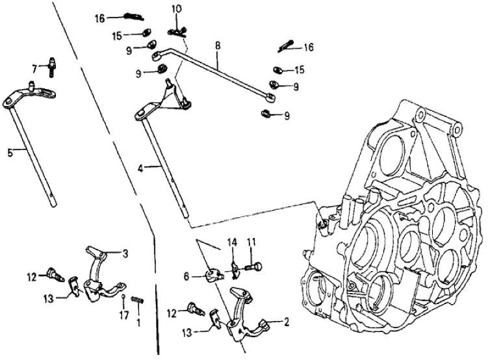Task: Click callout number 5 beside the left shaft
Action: (x=10, y=153)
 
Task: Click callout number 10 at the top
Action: (x=177, y=9)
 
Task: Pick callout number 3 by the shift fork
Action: (x=125, y=253)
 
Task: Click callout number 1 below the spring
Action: (x=138, y=322)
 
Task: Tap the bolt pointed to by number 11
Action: (x=256, y=265)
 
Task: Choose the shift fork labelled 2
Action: (x=244, y=312)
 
